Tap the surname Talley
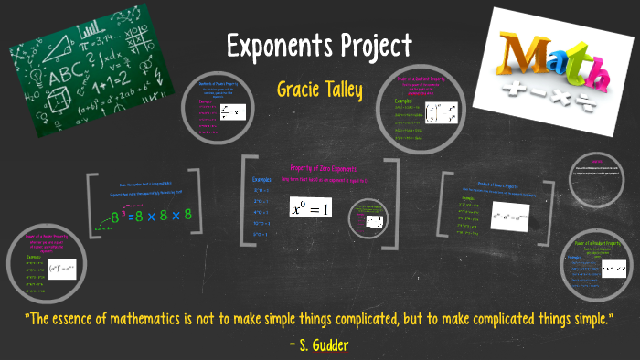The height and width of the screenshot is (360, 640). click(351, 90)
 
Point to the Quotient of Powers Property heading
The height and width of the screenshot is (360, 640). click(221, 87)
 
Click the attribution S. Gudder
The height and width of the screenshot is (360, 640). click(320, 344)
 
